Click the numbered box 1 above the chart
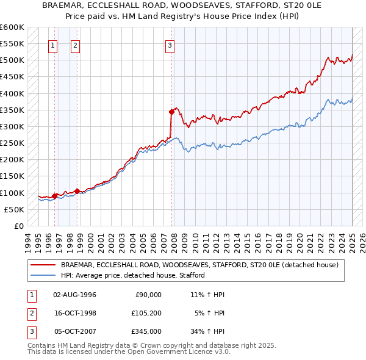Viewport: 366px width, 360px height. [x=53, y=45]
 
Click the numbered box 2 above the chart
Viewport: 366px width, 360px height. [x=74, y=45]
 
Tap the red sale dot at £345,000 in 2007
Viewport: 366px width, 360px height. [x=171, y=112]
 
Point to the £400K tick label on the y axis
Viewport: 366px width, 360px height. [x=12, y=93]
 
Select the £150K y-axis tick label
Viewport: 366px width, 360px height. [x=12, y=176]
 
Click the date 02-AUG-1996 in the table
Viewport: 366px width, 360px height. [x=75, y=295]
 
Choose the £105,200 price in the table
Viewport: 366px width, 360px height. [x=146, y=313]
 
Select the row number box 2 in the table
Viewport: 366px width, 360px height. [x=31, y=313]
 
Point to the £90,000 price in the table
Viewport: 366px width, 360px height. [x=148, y=295]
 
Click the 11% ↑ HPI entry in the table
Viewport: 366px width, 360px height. [x=207, y=295]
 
